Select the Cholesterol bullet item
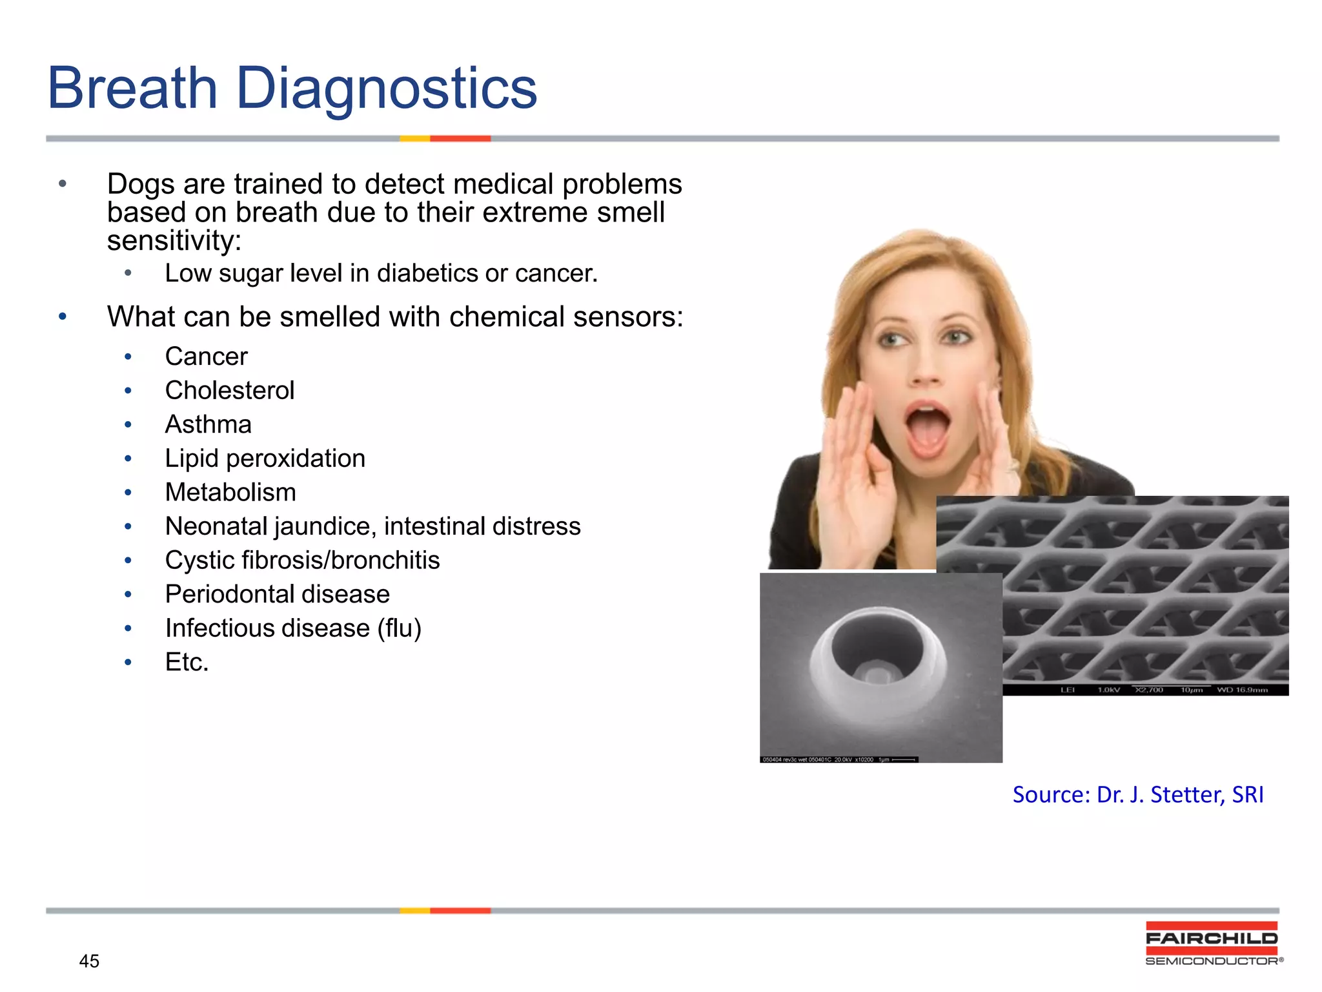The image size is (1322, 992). [x=229, y=390]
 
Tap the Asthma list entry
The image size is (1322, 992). [x=208, y=424]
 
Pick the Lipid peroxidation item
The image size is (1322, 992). [x=265, y=459]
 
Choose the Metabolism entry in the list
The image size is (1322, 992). [x=230, y=492]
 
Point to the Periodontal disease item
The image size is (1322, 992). [x=277, y=594]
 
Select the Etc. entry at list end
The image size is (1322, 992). [x=187, y=662]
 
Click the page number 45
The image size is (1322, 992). [x=89, y=961]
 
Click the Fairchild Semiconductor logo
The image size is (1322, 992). [x=1212, y=944]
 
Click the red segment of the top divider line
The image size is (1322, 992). [x=460, y=138]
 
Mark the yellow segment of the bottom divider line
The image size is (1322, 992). [x=414, y=911]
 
